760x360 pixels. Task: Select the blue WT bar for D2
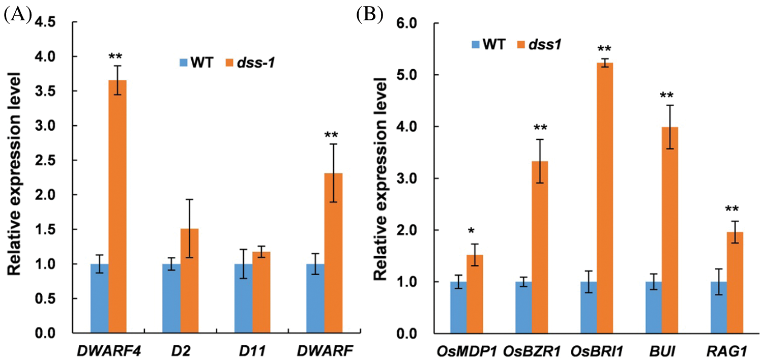pyautogui.click(x=171, y=298)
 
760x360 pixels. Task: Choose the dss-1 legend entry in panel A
pyautogui.click(x=249, y=64)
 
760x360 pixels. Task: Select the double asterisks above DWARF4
pyautogui.click(x=117, y=56)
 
